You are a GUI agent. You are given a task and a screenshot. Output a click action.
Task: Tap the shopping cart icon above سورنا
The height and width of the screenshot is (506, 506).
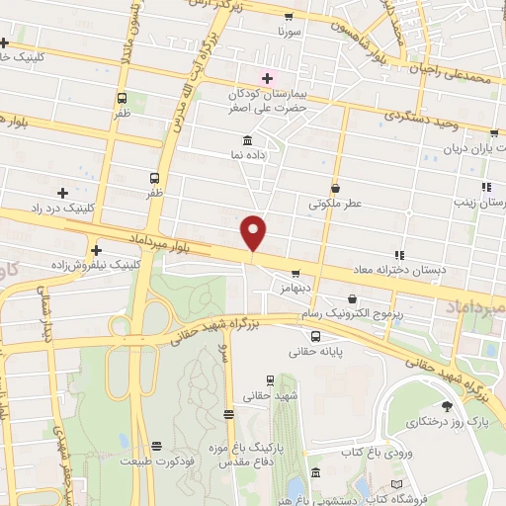coord(288,16)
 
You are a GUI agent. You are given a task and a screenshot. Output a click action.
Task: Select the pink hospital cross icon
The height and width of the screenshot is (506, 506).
coord(267,77)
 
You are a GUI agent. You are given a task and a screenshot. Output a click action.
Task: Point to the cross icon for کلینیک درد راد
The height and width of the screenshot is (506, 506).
coord(64,192)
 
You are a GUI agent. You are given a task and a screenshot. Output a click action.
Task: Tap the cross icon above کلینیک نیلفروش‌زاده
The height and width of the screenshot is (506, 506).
coord(97,249)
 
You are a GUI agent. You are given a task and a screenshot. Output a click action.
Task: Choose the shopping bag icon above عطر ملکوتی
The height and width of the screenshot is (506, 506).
coord(335,188)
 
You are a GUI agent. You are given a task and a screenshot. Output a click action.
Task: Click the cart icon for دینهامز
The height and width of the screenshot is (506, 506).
coord(295,274)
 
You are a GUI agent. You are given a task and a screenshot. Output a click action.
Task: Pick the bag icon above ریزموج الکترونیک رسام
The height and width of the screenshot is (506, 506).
coord(353,298)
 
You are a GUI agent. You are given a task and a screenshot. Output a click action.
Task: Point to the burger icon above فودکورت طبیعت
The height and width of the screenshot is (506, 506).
coord(154,446)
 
